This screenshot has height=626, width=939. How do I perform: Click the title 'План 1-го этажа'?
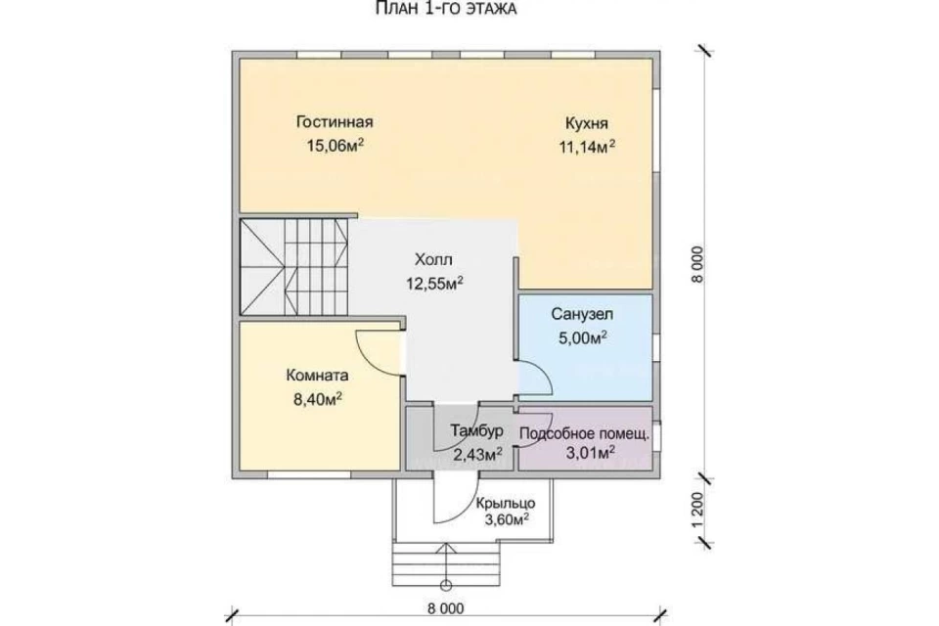coord(446,9)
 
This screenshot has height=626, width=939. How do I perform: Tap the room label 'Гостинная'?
coord(335,122)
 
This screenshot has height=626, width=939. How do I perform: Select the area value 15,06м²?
coord(335,145)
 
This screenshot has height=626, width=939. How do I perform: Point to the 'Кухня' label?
coord(586,123)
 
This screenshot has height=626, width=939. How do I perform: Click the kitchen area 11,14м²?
coord(587,147)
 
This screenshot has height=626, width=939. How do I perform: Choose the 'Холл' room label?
coord(433,260)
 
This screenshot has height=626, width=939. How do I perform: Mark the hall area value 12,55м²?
coord(434,283)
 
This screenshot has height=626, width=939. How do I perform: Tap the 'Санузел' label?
coord(582,315)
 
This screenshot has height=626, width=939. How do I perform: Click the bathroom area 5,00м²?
coord(583,337)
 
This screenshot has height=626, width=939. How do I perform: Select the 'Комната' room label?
coord(317,376)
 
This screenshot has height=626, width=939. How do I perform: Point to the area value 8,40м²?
coord(317,399)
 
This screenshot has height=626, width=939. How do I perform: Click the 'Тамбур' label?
coord(476,430)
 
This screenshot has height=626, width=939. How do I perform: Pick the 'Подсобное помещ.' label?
coord(584,433)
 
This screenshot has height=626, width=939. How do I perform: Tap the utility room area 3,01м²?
coord(591,452)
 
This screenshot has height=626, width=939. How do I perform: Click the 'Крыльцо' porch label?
coord(506,503)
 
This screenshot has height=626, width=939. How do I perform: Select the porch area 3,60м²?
coord(507,519)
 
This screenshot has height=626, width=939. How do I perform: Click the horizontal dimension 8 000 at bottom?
coord(446,608)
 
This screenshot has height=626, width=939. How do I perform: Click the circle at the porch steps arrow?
coord(446,585)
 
